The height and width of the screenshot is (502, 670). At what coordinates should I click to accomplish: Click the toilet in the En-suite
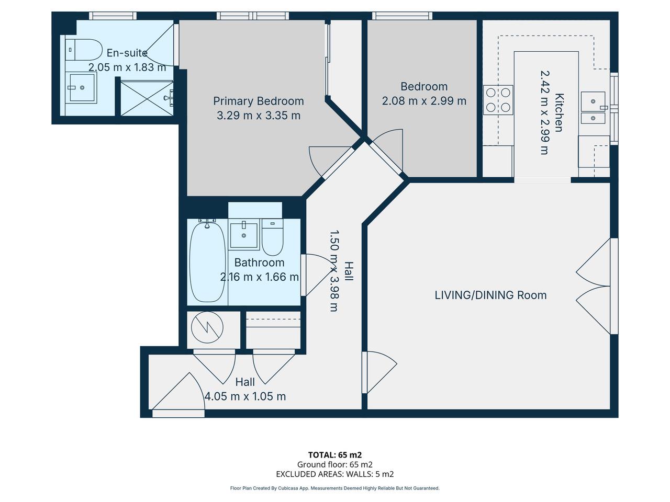point(84,50)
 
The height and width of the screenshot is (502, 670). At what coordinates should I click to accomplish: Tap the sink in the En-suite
point(82,87)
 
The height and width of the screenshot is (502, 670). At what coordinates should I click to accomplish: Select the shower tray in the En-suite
point(146,97)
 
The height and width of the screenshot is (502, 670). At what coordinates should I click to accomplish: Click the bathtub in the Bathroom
point(207,262)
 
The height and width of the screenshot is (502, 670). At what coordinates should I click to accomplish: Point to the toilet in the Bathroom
point(272,237)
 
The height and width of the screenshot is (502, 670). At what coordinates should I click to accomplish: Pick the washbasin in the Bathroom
point(244,236)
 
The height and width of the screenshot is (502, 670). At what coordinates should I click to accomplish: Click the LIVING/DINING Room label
point(490,295)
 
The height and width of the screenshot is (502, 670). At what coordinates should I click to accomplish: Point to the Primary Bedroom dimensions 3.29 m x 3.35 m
point(259,115)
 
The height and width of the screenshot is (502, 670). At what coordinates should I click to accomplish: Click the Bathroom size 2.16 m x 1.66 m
point(260,277)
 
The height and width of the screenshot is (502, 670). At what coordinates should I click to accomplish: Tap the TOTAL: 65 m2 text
point(335,455)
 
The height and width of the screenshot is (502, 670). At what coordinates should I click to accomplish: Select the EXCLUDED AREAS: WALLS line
point(335,474)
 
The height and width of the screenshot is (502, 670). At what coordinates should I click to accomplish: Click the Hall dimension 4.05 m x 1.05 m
point(245,396)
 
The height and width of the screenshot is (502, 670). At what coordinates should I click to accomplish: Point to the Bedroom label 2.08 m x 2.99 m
point(424,101)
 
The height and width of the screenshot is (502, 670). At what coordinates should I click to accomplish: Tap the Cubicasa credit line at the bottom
point(335,488)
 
